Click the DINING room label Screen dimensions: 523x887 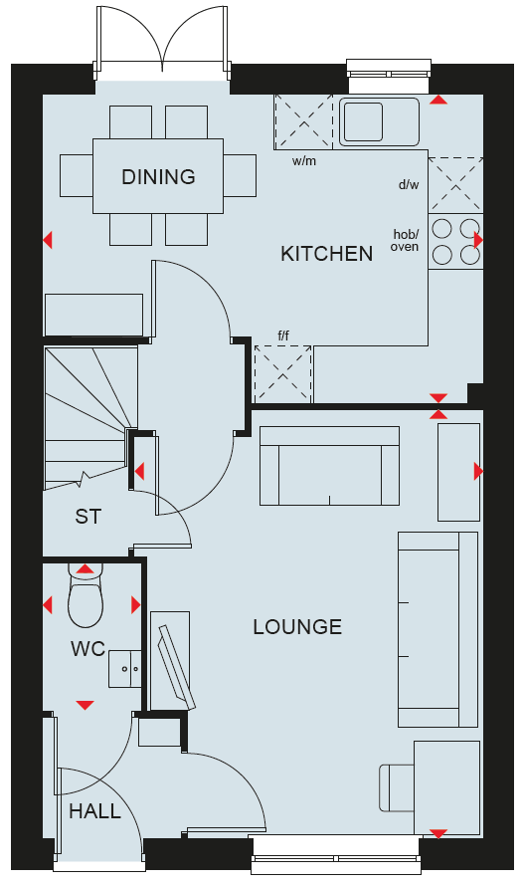[158, 176]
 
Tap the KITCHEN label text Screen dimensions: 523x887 [326, 254]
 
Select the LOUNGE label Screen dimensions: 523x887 [297, 627]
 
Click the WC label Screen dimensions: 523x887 [88, 649]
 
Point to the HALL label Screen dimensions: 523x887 [94, 811]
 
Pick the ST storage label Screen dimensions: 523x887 [88, 516]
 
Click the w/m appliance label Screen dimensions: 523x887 [304, 161]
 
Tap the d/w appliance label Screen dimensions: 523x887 [409, 184]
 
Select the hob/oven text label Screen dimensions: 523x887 [406, 241]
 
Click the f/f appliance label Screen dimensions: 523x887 [283, 336]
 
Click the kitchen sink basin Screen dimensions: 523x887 [362, 121]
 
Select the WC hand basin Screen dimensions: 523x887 [125, 669]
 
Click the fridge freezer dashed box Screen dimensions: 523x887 [283, 374]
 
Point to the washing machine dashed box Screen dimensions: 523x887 [303, 122]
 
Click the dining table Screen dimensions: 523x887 [158, 176]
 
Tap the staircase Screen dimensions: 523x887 [90, 417]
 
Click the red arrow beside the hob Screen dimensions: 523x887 [478, 241]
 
